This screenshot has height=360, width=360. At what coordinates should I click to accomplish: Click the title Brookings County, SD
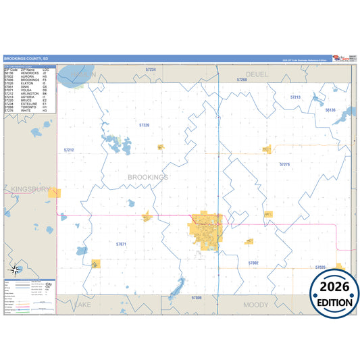26,59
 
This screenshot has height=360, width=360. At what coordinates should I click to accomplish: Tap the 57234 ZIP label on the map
150,70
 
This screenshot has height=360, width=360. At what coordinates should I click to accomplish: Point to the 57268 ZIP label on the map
242,80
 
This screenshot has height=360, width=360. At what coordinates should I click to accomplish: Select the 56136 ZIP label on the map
330,109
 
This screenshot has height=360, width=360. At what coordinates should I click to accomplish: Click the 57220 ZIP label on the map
144,126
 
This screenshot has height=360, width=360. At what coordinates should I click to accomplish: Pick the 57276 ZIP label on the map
284,164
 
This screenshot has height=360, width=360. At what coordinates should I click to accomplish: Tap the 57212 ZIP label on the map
69,149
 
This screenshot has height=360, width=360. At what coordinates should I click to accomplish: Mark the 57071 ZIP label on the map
121,243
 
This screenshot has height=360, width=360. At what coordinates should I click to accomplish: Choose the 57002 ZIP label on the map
253,262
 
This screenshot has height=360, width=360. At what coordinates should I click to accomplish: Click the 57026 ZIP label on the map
320,267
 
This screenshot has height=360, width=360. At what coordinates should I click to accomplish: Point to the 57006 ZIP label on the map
196,297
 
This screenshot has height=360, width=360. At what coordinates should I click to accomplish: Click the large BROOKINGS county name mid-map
148,177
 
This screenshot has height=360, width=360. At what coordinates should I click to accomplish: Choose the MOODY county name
256,305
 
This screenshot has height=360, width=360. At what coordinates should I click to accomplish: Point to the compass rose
15,270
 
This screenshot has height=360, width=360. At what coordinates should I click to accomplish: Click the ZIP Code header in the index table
11,70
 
